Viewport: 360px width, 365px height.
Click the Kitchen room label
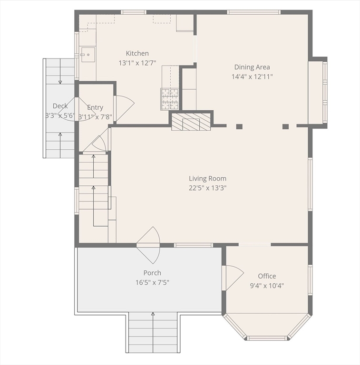point(137,54)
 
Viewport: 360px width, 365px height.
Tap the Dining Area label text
point(252,67)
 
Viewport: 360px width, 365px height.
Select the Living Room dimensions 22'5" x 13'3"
point(207,188)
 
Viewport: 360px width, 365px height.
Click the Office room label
point(267,276)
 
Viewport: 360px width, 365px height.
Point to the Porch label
point(152,273)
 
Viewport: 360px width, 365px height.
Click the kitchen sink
point(88,55)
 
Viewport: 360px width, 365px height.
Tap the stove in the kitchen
point(170,99)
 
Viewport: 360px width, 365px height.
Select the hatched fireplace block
point(191,121)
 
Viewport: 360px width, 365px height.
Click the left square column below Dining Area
point(239,126)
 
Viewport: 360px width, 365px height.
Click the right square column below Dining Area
point(285,126)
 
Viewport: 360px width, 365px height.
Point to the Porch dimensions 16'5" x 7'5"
point(152,282)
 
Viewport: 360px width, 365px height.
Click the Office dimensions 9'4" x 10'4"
point(267,286)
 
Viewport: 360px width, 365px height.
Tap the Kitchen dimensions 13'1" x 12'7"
point(137,63)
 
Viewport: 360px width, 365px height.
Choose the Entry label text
point(95,108)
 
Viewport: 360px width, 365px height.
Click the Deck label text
point(60,106)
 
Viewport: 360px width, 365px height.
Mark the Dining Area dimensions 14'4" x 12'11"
point(252,77)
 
